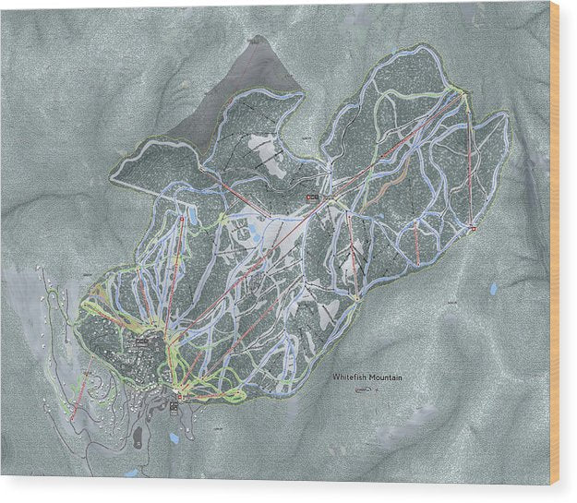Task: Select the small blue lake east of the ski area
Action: pyautogui.click(x=493, y=289)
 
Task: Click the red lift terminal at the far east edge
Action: pyautogui.click(x=472, y=226)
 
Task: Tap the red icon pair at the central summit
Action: pyautogui.click(x=312, y=198)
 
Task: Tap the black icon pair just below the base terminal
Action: pyautogui.click(x=174, y=406)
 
